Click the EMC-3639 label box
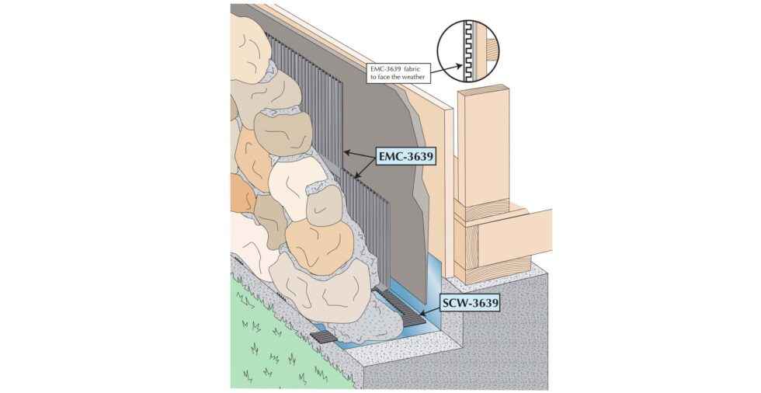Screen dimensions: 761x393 click(x=406, y=157)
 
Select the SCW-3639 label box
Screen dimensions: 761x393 click(x=470, y=304)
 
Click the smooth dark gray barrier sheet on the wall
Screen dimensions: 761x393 click(x=384, y=145)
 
